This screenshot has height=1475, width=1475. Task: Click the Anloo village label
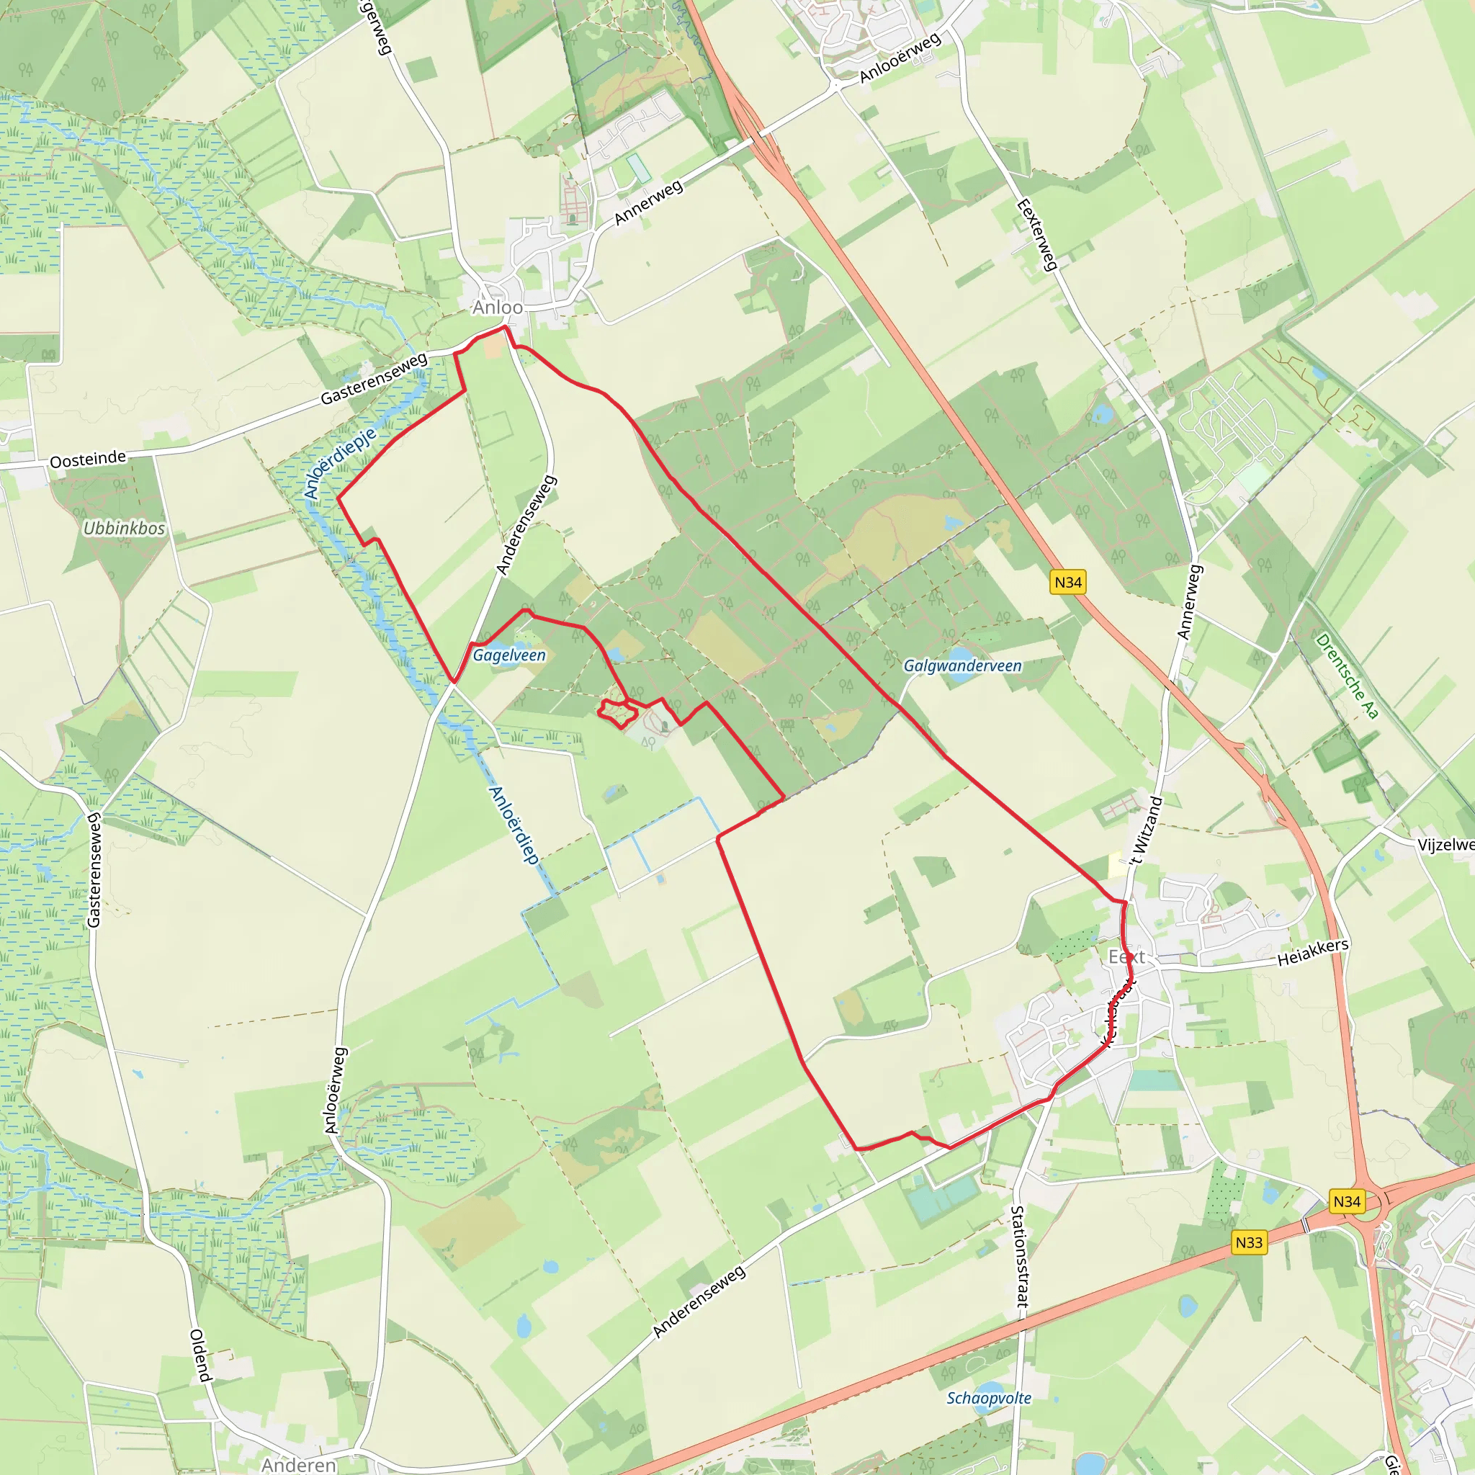(x=497, y=307)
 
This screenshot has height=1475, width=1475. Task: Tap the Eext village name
(x=1126, y=956)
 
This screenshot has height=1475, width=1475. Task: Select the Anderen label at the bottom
(x=298, y=1463)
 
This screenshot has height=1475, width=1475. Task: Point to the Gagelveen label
(x=509, y=655)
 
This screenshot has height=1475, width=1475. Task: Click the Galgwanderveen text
(x=962, y=665)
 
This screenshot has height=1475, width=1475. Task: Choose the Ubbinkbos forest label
(x=124, y=529)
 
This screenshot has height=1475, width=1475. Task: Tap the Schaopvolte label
(x=989, y=1398)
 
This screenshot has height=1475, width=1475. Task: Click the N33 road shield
(x=1249, y=1242)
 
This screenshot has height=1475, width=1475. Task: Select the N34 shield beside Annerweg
(x=1068, y=583)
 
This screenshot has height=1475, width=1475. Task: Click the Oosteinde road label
(x=88, y=459)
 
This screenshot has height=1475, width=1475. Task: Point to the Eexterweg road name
(x=1037, y=235)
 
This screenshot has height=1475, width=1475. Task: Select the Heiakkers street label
(x=1313, y=951)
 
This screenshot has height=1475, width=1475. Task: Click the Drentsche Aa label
(x=1348, y=676)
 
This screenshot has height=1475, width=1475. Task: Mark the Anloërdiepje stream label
(x=341, y=462)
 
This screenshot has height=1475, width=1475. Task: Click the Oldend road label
(x=200, y=1355)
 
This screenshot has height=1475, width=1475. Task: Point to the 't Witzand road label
(x=1147, y=830)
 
